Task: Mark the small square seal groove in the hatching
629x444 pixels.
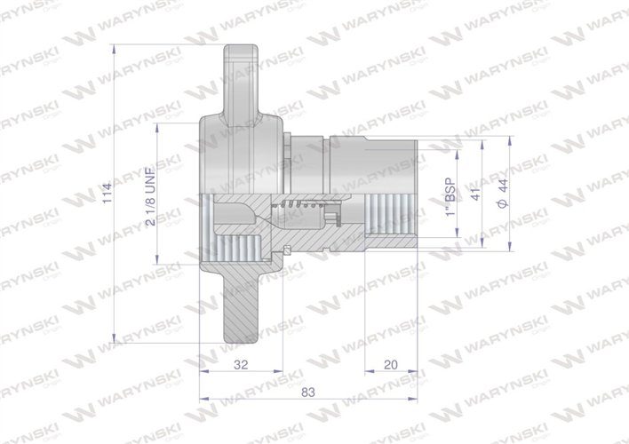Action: coord(290,246)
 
